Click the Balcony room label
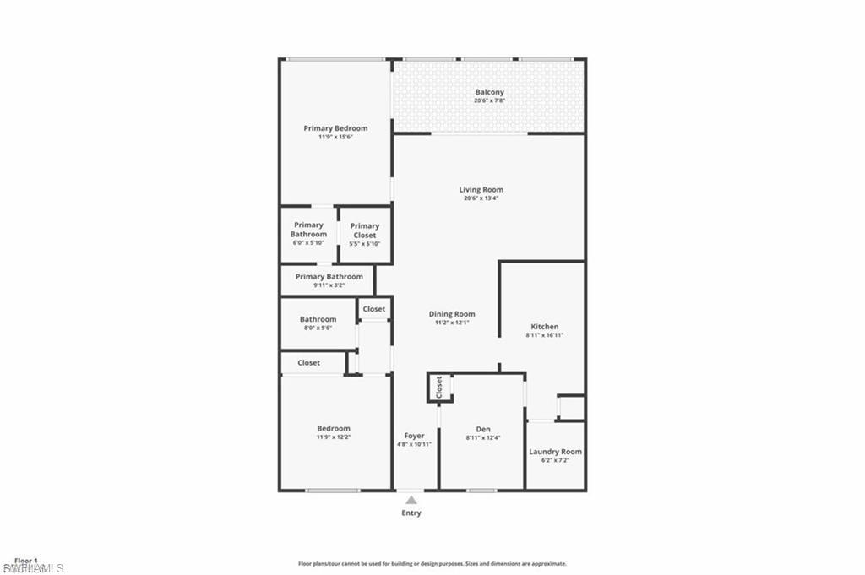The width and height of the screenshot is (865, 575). tap(489, 92)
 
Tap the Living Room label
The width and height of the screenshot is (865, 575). tap(481, 190)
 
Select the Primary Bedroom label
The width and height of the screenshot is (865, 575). tap(335, 128)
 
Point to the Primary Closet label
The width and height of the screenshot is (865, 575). tap(365, 226)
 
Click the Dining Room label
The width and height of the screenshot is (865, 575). tap(452, 314)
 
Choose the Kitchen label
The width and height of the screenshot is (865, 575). tap(544, 327)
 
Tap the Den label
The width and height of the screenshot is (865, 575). tap(483, 429)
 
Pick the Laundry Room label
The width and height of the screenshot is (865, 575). tap(555, 452)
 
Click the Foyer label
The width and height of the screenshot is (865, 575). tap(414, 436)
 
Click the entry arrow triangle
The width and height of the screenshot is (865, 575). tap(411, 500)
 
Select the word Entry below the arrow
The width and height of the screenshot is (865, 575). tap(411, 513)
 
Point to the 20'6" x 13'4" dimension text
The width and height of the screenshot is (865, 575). tap(481, 199)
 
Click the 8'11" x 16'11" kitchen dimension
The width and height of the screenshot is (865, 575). tap(544, 335)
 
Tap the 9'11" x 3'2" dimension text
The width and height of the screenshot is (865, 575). tap(329, 285)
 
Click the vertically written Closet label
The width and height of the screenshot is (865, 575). tap(439, 388)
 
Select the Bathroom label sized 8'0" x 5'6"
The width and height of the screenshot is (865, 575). tap(318, 319)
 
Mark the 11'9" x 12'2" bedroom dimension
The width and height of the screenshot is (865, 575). tap(333, 437)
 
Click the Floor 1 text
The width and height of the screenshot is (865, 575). tap(26, 560)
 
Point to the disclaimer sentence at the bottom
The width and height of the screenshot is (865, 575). tap(432, 564)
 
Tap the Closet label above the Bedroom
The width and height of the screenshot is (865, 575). tap(308, 363)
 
